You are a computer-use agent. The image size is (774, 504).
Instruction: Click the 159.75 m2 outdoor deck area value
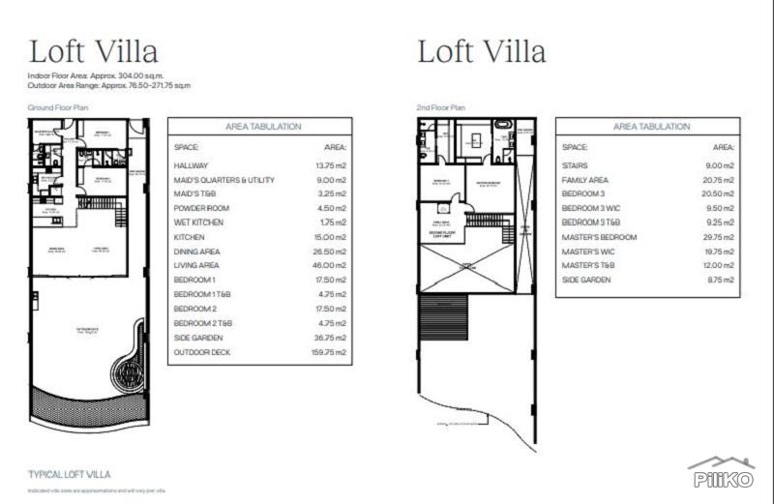[329, 352]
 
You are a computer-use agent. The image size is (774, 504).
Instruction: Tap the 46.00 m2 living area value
[330, 265]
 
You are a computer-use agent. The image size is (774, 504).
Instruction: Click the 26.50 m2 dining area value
[330, 251]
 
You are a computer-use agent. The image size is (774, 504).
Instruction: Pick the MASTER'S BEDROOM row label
[599, 237]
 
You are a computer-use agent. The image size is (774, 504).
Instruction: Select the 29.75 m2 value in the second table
[717, 237]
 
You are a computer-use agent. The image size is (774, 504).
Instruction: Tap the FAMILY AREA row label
[584, 180]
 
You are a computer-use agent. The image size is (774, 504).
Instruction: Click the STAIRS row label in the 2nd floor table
[575, 165]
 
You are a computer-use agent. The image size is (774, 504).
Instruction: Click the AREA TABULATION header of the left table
[262, 127]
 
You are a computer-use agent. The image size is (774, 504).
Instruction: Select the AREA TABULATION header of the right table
[651, 127]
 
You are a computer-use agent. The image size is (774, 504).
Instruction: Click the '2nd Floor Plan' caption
[440, 108]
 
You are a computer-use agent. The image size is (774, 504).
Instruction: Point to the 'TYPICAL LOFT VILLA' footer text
[70, 474]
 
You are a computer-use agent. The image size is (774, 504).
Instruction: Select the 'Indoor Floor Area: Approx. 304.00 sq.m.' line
[97, 74]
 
